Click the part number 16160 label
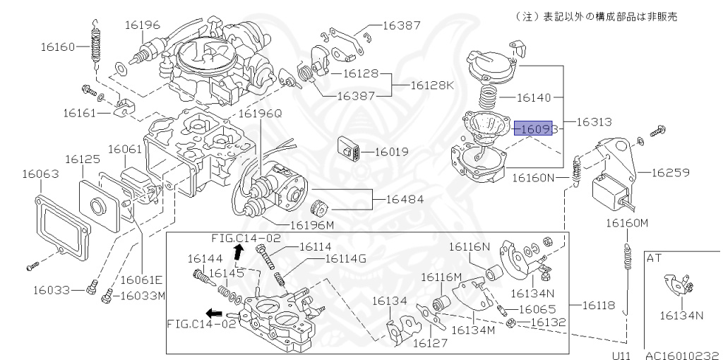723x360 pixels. point(57,48)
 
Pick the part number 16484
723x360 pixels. point(405,200)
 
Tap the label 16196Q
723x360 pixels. point(259,113)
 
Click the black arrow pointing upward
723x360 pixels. point(239,250)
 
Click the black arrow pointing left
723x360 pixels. point(213,312)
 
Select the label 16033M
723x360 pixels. point(139,295)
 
